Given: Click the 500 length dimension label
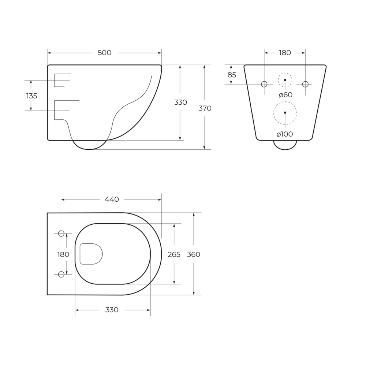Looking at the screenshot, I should point(104,53).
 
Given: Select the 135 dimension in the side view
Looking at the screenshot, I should point(32,96).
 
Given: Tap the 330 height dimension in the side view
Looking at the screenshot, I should point(180,103).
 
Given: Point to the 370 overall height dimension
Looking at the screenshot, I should point(205,108).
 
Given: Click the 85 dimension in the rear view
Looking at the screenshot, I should point(232,75).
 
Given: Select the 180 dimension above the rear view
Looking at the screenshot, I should point(285,53).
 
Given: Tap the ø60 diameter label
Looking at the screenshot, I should point(285,95).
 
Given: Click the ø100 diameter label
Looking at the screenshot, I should point(285,134).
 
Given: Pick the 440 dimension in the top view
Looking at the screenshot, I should point(112,199).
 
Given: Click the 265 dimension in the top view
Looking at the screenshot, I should point(174,255).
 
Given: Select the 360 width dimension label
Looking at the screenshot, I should point(194,255).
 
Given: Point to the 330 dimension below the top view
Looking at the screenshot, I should point(112,310).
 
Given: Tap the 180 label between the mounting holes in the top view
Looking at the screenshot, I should point(63,255).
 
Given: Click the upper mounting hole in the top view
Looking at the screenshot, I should point(61,234).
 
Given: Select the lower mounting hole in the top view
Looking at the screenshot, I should point(61,274).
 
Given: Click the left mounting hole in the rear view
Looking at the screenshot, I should point(264,84).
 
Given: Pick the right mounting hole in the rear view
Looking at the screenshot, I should point(305,84).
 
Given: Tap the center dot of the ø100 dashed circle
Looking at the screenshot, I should point(285,113).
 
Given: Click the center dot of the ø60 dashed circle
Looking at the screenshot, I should point(285,80).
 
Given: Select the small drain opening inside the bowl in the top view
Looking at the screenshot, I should point(91,254).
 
